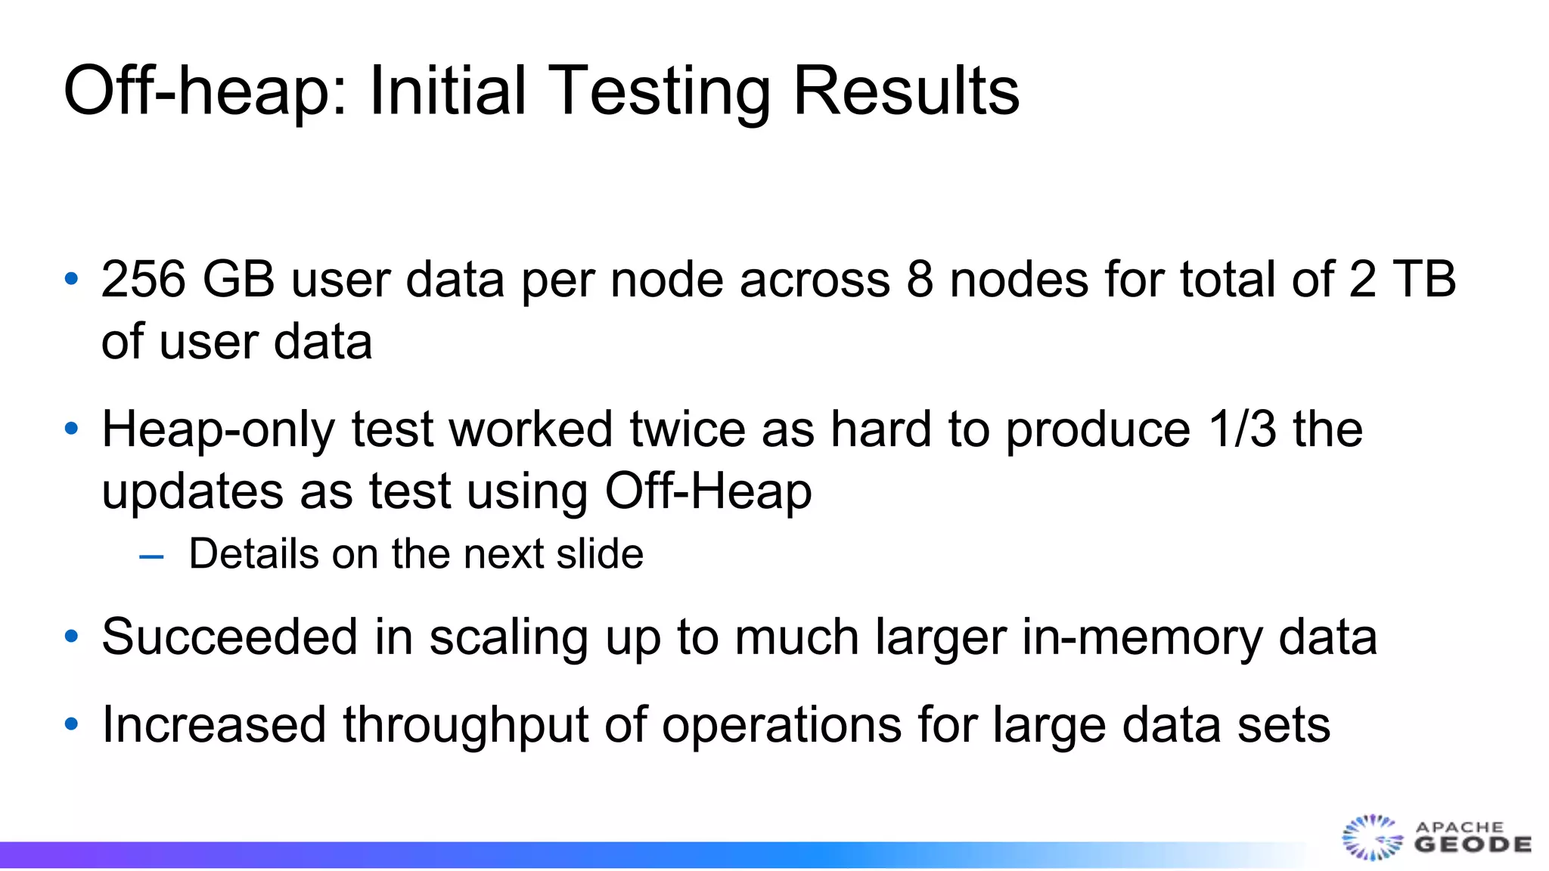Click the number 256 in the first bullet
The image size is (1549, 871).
144,279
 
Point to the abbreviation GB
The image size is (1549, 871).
238,279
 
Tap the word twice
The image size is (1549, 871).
688,429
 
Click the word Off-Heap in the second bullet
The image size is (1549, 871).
708,491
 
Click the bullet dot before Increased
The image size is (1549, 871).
72,724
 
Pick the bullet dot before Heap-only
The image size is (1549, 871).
72,429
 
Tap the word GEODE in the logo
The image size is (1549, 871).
1473,845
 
